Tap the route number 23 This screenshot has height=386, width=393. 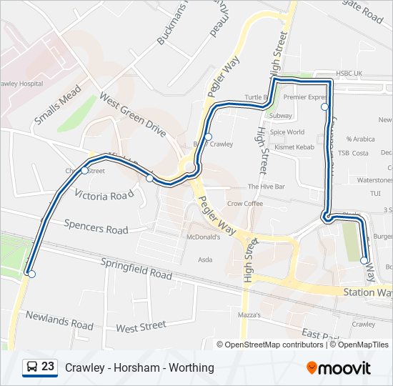48,367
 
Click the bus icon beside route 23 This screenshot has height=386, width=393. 32,367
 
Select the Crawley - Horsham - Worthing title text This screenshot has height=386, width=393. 139,367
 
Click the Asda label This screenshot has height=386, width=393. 204,259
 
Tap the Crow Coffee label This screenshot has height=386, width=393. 245,204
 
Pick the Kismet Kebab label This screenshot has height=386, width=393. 294,147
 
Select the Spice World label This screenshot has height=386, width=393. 287,132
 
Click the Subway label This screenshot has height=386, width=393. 281,115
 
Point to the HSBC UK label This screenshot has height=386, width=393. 349,74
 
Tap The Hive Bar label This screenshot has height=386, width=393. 266,187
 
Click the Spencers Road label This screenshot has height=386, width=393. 96,227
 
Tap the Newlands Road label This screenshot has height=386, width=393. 59,320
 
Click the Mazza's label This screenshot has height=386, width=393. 249,315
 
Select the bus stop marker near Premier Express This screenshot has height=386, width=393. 324,107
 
